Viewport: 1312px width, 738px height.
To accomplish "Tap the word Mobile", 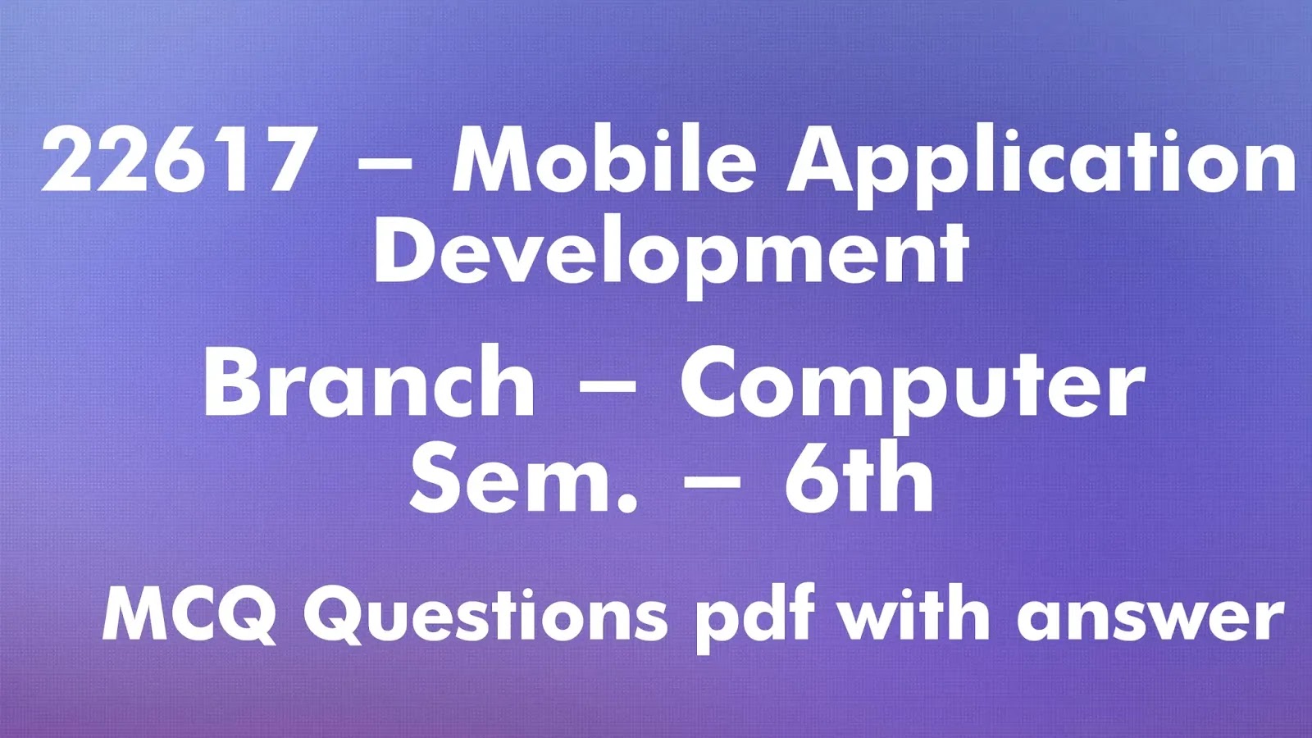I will point(604,161).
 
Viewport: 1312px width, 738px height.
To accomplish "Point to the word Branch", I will point(369,382).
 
